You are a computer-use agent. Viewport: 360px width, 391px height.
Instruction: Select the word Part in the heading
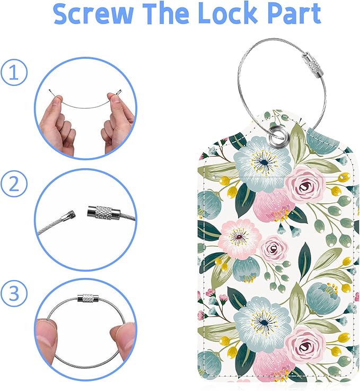click(x=292, y=15)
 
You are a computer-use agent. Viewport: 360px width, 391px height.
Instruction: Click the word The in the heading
click(x=157, y=15)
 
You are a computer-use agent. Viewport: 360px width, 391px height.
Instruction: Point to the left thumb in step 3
click(x=49, y=336)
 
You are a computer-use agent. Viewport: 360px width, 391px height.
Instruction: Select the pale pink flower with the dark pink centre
click(x=240, y=237)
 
